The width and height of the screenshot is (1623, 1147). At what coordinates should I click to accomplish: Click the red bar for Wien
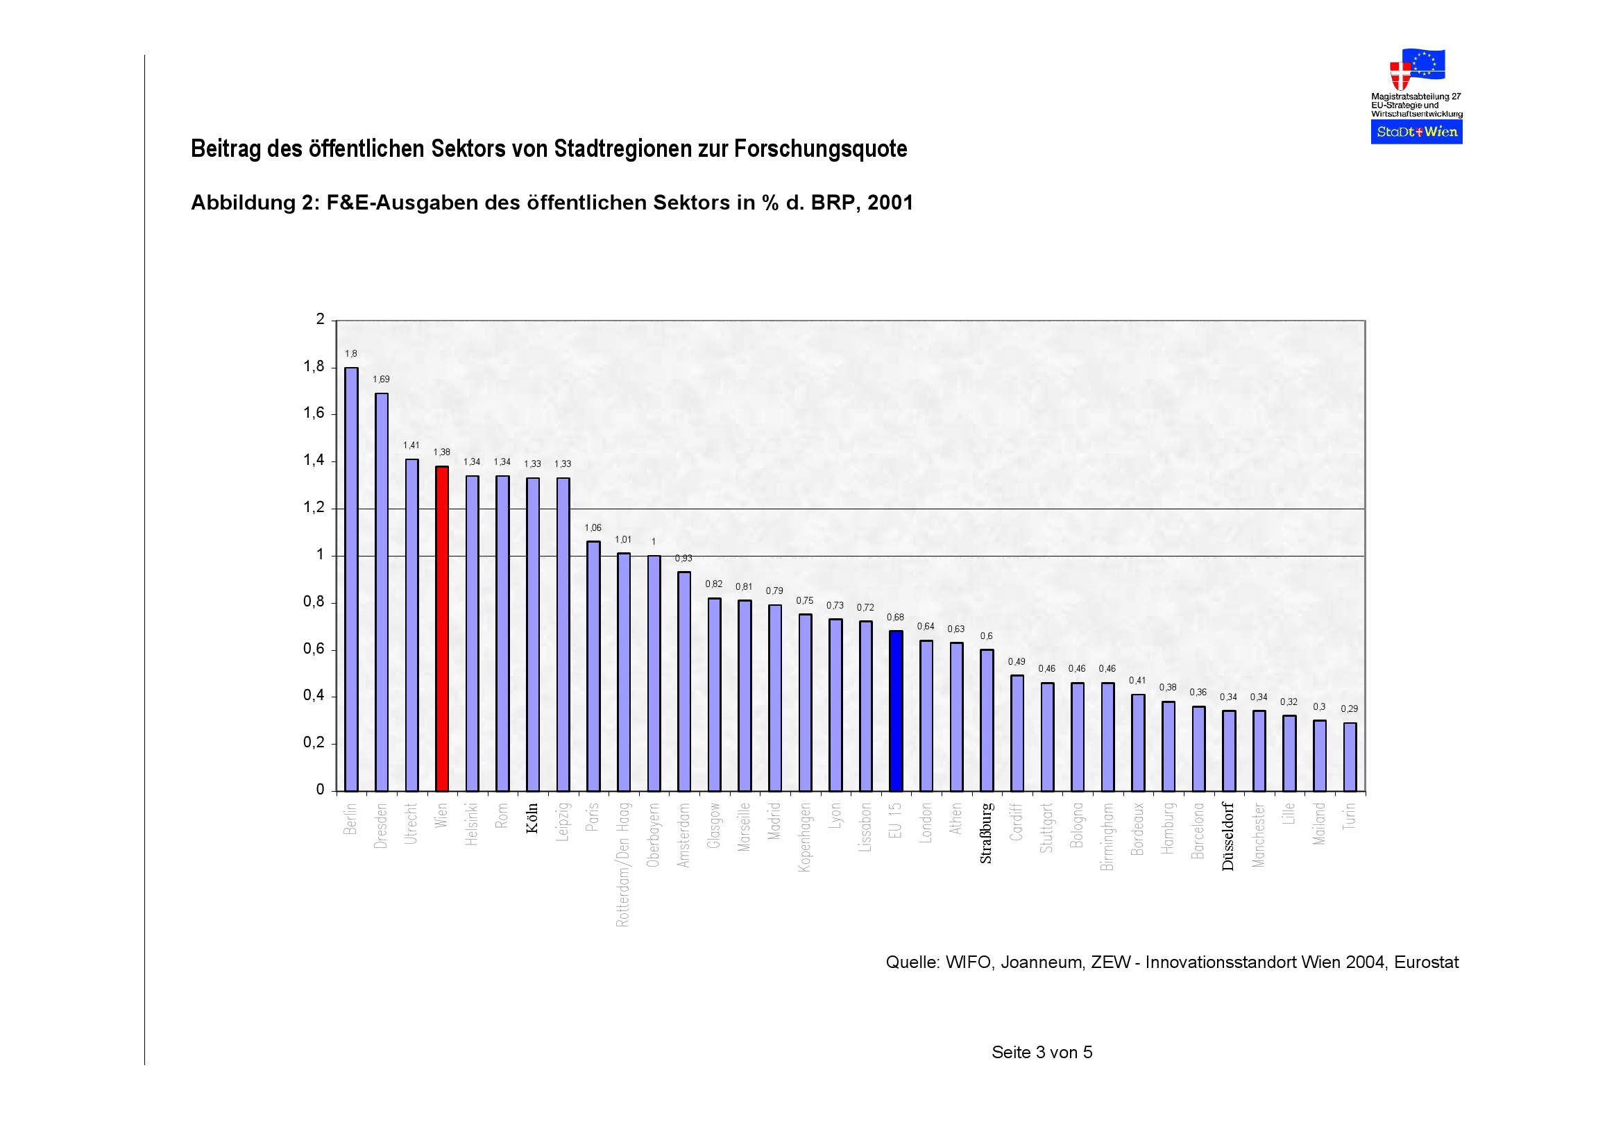(442, 628)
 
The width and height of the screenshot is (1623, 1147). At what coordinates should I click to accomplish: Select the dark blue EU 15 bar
(896, 711)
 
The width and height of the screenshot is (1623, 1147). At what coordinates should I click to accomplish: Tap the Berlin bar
(351, 579)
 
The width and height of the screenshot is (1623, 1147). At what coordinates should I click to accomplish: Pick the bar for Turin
(1350, 756)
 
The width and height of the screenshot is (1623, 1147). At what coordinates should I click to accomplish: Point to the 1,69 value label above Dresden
(381, 380)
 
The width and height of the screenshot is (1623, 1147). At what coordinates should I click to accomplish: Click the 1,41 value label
(411, 445)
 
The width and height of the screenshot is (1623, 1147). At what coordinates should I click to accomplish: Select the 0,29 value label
(1350, 709)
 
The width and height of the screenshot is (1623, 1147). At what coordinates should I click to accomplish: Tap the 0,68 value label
(896, 617)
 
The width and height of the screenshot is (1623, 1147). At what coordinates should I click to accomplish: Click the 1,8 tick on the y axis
(314, 367)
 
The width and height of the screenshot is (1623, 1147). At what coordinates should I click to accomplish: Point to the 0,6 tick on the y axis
(314, 649)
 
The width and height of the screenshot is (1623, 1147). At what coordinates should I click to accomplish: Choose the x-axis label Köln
(533, 817)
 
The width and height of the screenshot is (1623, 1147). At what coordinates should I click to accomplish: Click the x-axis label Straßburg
(986, 833)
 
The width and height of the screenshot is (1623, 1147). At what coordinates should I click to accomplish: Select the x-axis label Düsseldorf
(1228, 836)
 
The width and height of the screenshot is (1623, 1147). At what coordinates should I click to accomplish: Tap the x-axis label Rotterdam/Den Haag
(622, 865)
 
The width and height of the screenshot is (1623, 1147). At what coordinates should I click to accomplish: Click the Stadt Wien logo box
(1416, 132)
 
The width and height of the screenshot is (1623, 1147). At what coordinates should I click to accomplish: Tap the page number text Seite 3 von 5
(1042, 1053)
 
